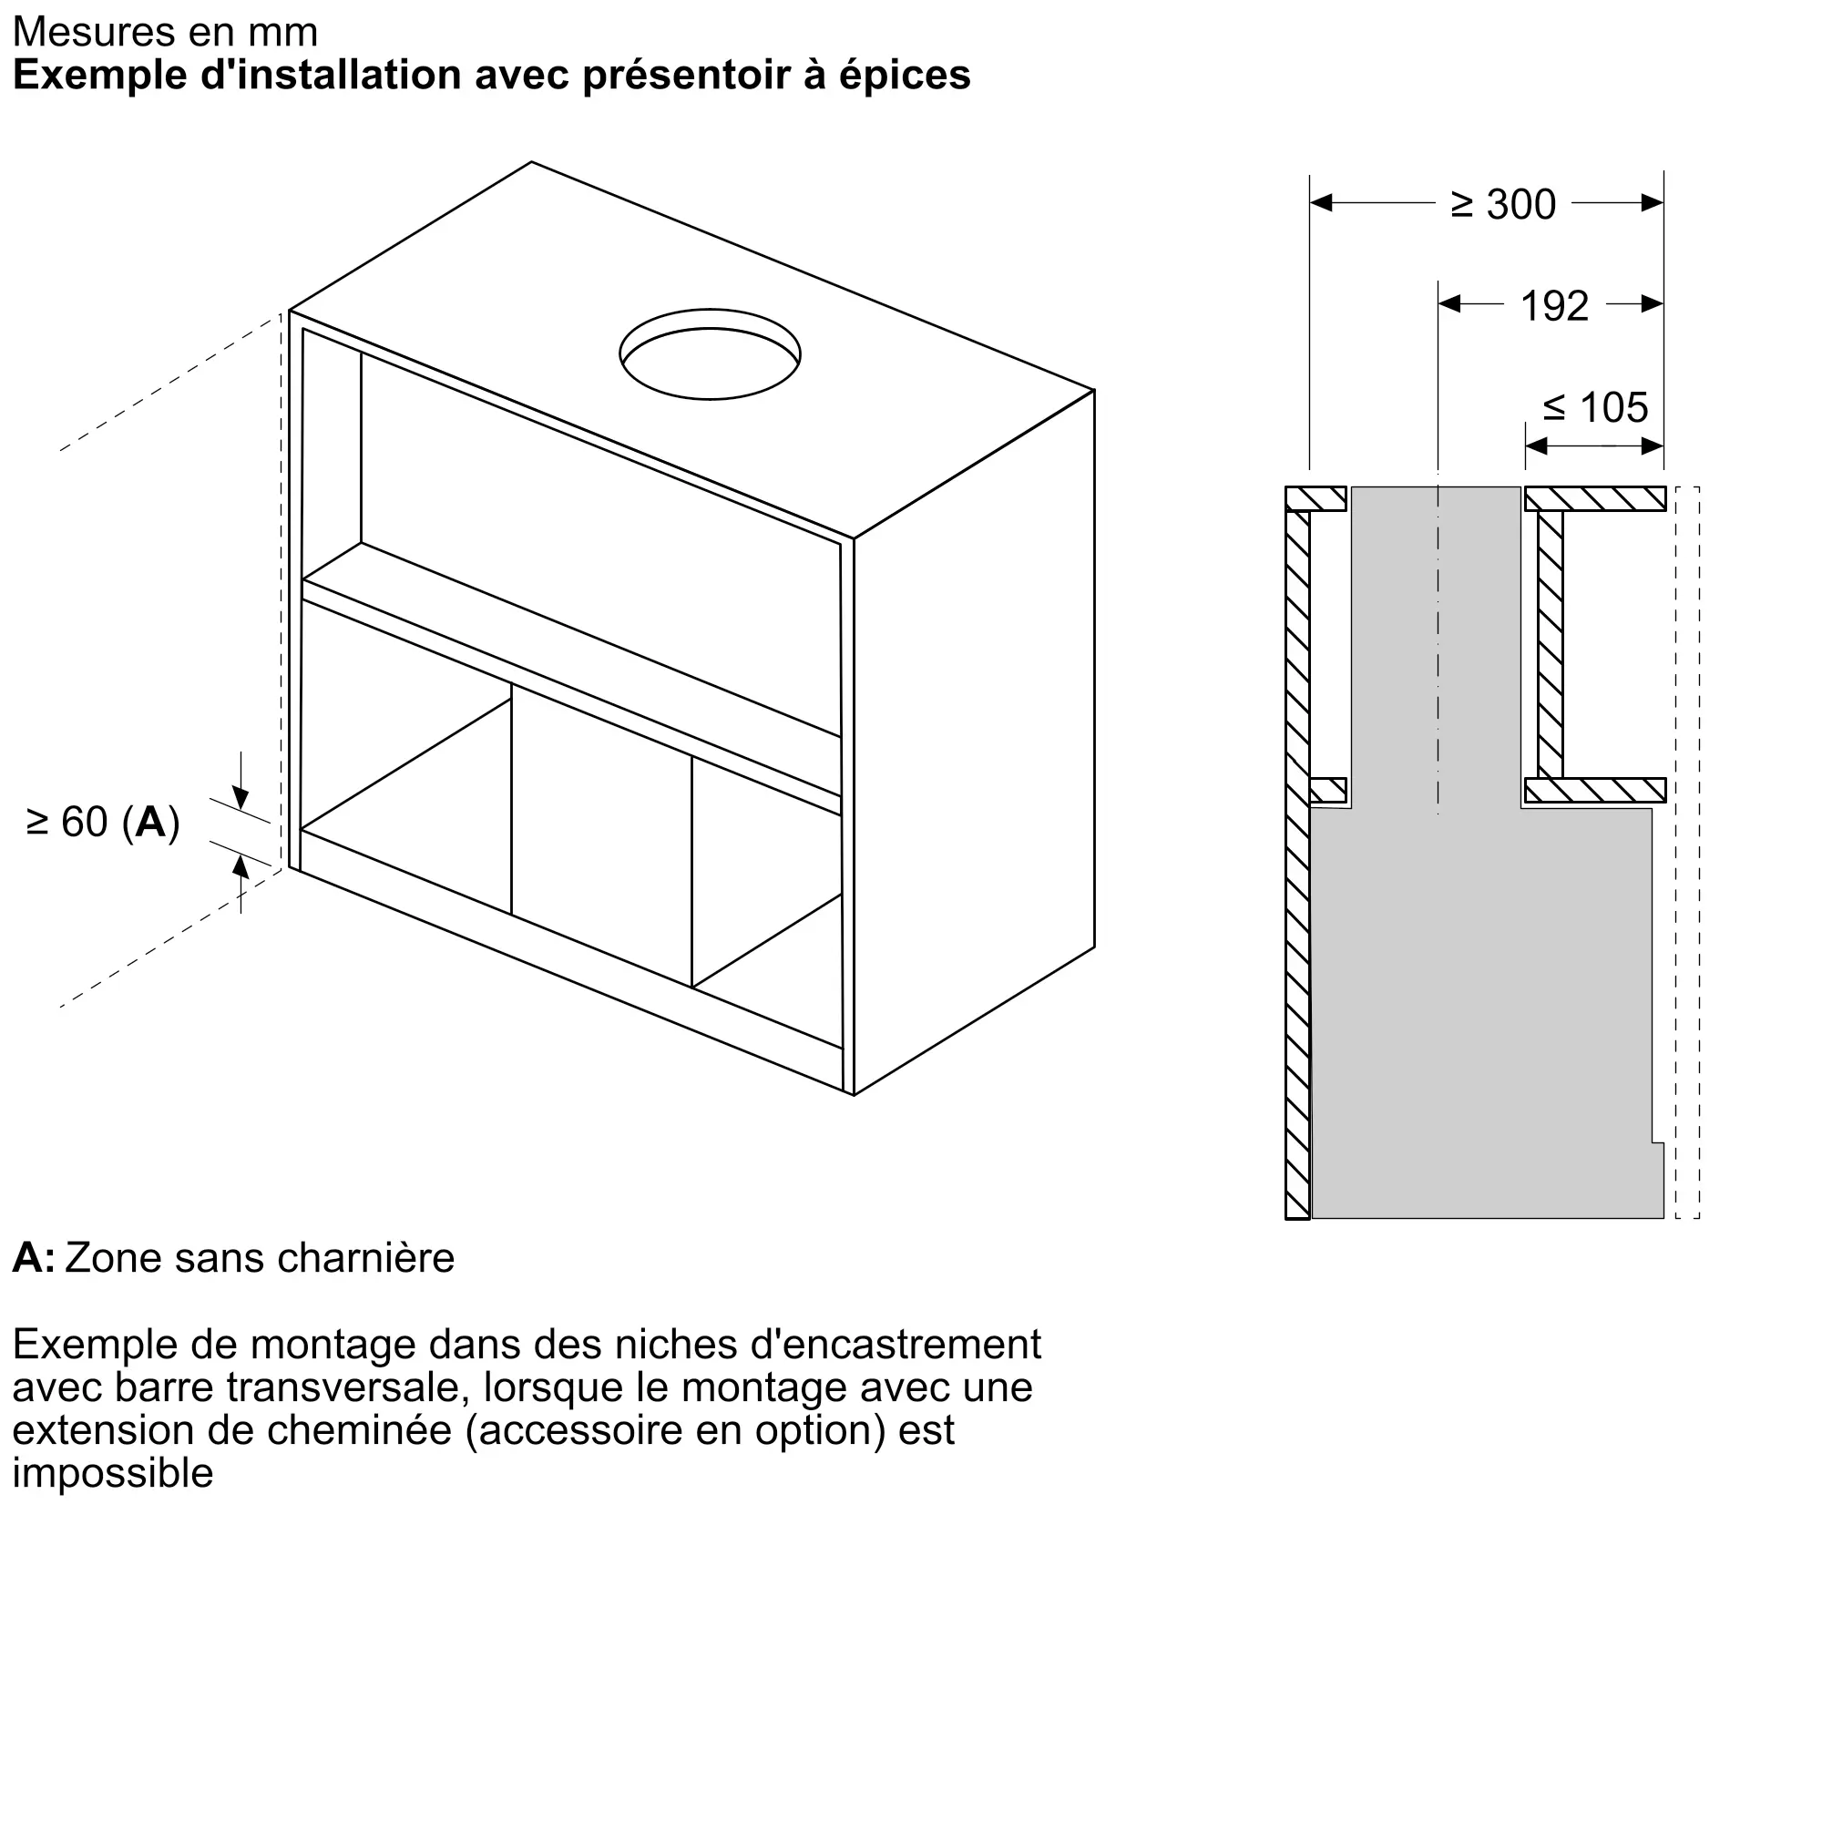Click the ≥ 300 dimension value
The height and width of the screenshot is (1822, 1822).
tap(1502, 205)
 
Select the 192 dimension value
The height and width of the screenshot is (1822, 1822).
tap(1554, 306)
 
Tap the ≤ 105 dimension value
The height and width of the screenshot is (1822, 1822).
tap(1596, 408)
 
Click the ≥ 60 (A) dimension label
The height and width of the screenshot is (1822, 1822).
tap(103, 823)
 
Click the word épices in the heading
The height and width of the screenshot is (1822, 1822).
tap(904, 76)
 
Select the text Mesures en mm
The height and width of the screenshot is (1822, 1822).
tap(165, 32)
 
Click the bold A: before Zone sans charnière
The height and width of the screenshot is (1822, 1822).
tap(33, 1257)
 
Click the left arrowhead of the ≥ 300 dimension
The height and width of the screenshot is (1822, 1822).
tap(1321, 203)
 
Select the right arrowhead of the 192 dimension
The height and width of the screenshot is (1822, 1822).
tap(1652, 303)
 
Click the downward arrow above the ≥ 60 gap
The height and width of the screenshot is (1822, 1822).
tap(241, 798)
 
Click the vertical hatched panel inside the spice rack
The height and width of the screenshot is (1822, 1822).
tap(1550, 644)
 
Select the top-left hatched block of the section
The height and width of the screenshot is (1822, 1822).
tap(1315, 498)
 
